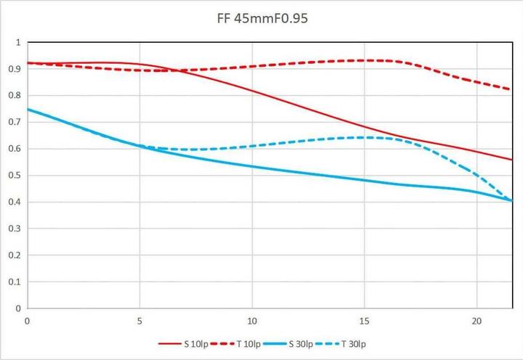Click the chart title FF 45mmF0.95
[x=261, y=17]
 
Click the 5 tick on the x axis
[x=139, y=320]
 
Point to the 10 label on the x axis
[x=251, y=320]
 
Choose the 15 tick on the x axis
[x=364, y=320]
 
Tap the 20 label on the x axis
[x=477, y=320]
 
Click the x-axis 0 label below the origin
[x=27, y=320]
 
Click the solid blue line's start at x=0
[x=28, y=109]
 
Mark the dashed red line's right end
[x=512, y=90]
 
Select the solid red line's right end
[x=512, y=160]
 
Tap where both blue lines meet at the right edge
[x=512, y=200]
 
